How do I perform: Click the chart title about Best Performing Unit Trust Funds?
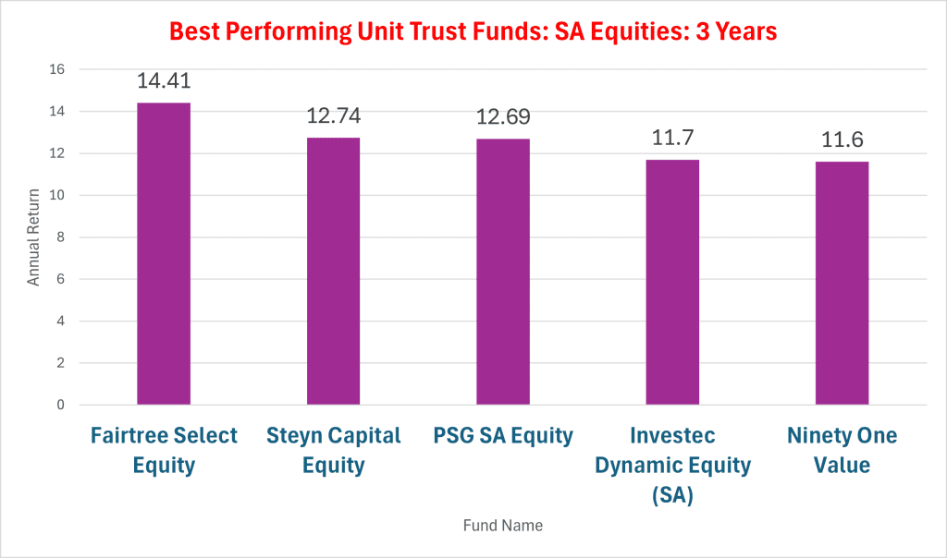pos(473,32)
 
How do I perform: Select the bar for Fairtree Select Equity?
pos(164,254)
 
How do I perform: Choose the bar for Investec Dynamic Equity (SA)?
pos(672,282)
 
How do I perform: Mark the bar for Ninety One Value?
pos(842,283)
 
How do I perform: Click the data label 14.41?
pos(164,80)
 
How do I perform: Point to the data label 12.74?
pos(333,115)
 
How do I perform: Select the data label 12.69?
pos(503,117)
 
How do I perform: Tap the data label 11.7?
pos(672,138)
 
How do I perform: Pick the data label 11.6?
pos(842,139)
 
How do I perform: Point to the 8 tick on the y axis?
pos(60,237)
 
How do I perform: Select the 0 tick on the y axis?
pos(60,405)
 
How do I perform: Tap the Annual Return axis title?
pos(33,237)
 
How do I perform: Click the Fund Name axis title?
pos(502,526)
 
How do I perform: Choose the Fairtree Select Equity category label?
pos(164,450)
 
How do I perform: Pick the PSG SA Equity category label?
pos(503,436)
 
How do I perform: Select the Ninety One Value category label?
pos(842,450)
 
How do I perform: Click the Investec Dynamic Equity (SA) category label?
pos(672,465)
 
